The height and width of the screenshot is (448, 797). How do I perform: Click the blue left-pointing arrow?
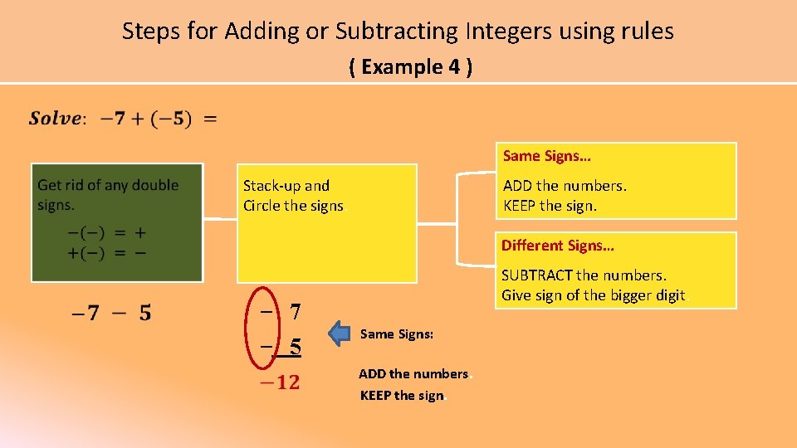tap(340, 334)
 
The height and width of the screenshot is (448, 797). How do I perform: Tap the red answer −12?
tap(277, 382)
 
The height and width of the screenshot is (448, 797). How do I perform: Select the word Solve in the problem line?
tap(55, 119)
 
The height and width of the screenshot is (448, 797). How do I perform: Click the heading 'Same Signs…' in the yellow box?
tap(546, 155)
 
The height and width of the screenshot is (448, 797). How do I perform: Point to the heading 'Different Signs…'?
tap(557, 246)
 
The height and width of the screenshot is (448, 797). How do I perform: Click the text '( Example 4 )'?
tap(412, 66)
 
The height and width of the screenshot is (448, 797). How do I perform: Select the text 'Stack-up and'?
tap(286, 186)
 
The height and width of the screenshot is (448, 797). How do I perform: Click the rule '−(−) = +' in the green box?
tap(106, 234)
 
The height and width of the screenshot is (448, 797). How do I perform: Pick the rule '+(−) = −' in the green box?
tap(106, 252)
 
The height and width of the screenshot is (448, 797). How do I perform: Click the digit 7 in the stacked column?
tap(295, 313)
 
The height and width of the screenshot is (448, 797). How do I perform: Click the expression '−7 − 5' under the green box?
tap(111, 314)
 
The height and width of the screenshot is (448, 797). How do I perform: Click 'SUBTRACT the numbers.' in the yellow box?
tap(584, 275)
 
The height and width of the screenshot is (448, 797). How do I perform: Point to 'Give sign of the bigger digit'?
tap(594, 295)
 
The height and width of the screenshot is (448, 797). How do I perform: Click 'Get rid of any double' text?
tap(108, 185)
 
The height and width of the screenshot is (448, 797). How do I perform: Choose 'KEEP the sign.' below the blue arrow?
tap(403, 396)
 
